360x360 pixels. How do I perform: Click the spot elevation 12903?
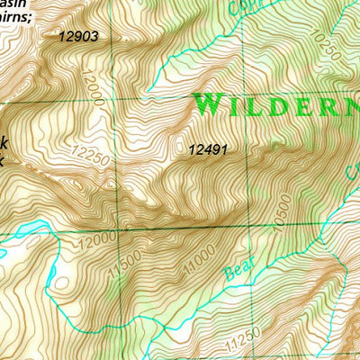(x=78, y=37)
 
